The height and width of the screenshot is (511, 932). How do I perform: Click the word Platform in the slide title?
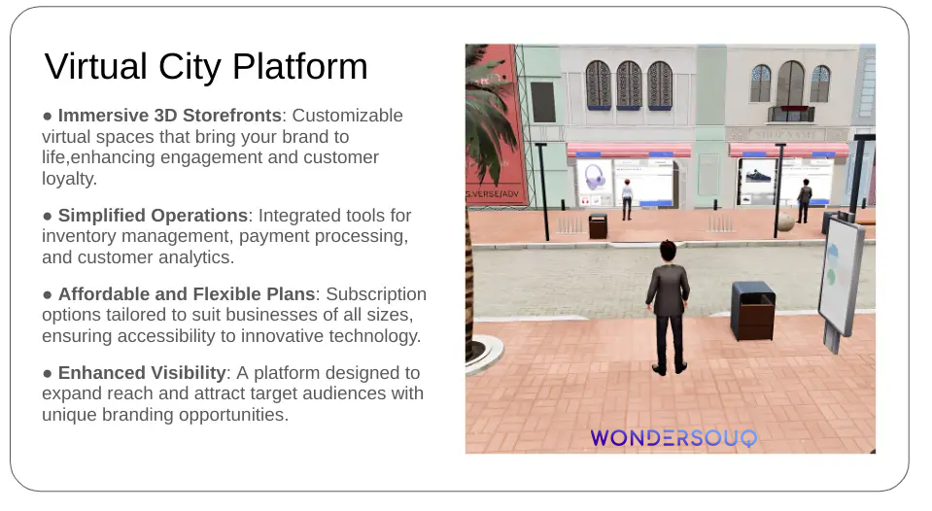click(299, 66)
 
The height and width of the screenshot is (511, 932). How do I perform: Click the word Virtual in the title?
click(95, 66)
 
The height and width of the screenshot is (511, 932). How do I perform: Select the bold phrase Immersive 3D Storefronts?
click(169, 116)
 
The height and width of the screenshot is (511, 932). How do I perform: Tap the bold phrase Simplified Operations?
click(153, 215)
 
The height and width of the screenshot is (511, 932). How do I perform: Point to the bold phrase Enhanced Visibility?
click(142, 372)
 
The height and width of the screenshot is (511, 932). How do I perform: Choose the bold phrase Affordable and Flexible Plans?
click(187, 294)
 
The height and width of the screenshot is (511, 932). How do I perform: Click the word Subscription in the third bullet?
click(376, 294)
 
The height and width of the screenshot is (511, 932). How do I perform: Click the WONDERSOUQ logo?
click(673, 438)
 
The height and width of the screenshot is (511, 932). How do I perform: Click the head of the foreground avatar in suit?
click(669, 252)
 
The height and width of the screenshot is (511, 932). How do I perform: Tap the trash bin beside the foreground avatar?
click(753, 311)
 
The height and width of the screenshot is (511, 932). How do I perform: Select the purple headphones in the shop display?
click(594, 177)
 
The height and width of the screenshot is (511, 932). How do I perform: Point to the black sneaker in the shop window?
click(758, 176)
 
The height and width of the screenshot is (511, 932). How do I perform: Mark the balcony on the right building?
click(790, 114)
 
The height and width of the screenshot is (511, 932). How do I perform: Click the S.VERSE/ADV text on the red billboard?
click(493, 194)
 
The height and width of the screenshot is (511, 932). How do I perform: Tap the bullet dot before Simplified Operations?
click(48, 217)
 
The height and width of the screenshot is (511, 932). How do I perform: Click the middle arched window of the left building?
click(629, 85)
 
